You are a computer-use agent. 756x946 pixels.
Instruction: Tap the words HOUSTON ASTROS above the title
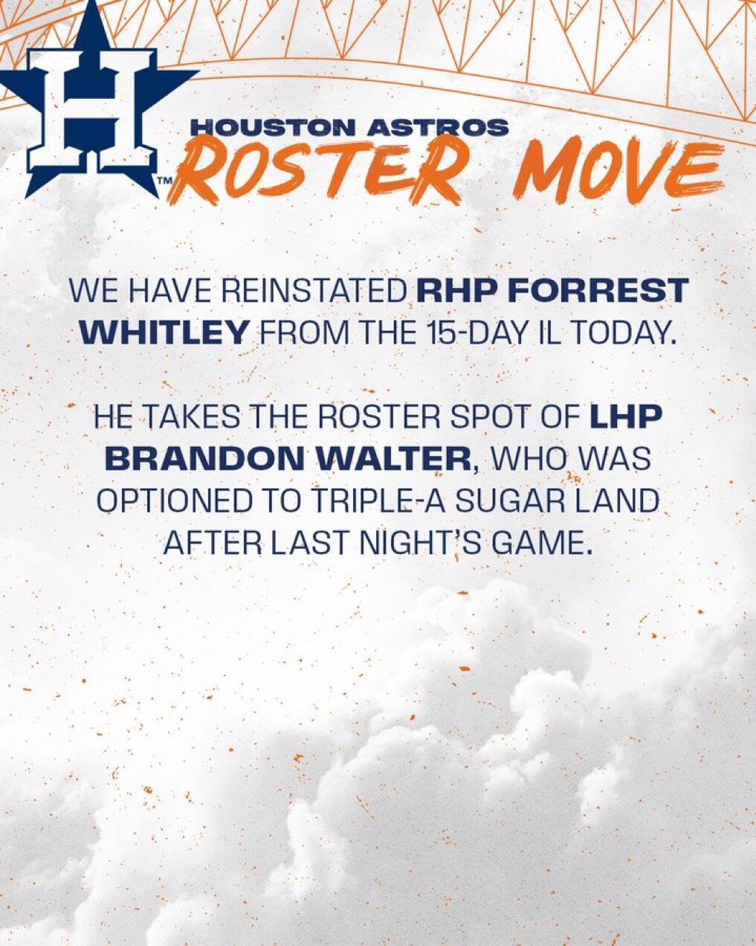point(350,127)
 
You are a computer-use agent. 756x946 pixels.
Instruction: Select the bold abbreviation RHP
point(465,292)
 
